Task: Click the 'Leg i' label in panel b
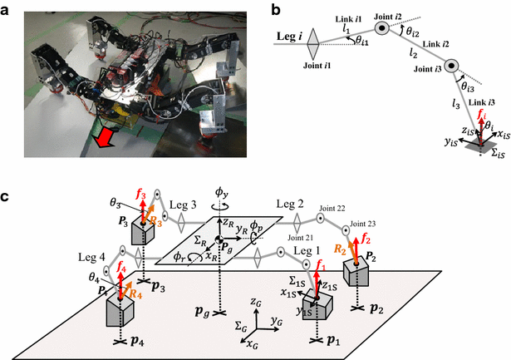(286, 36)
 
